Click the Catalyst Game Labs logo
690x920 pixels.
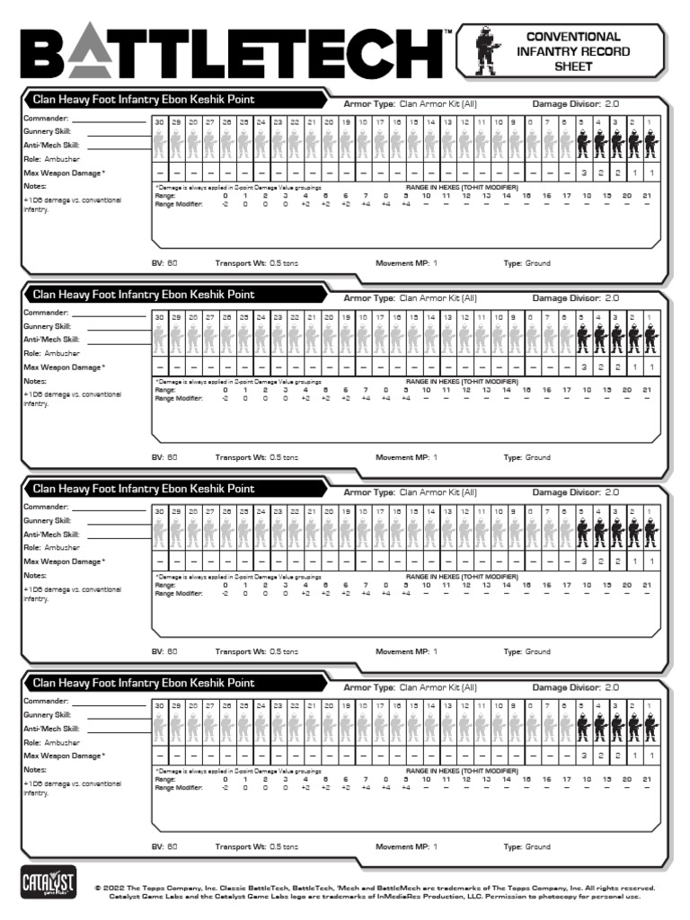coord(41,882)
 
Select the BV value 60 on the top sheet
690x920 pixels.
coord(172,263)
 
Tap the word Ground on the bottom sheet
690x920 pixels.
coord(537,846)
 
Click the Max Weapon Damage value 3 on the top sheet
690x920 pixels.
coord(583,172)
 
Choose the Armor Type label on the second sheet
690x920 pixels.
coord(369,297)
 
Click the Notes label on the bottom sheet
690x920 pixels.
coord(34,770)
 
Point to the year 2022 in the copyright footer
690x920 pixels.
coord(118,887)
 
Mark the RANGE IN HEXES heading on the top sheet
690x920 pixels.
coord(462,188)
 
